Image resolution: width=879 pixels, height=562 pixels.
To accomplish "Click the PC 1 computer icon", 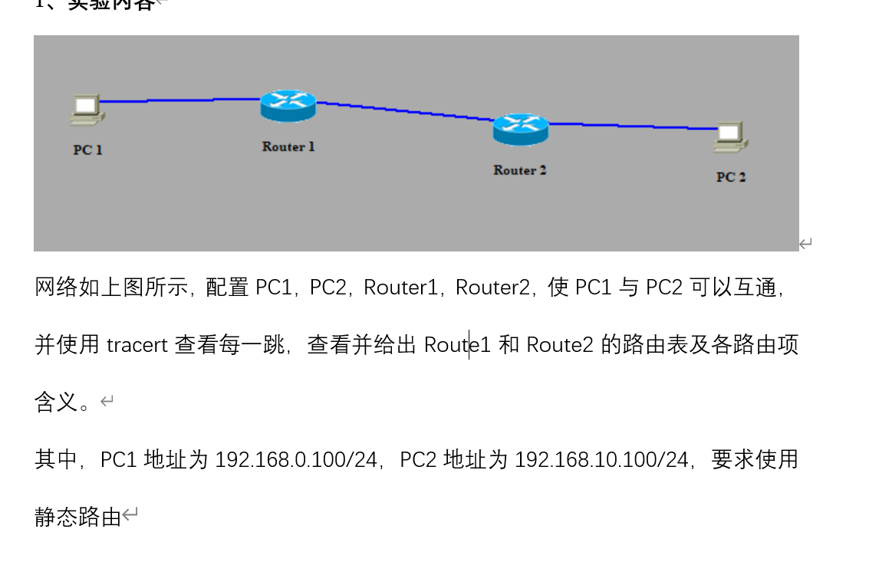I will click(x=87, y=110).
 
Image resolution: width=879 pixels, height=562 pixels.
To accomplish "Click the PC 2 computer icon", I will click(x=730, y=137).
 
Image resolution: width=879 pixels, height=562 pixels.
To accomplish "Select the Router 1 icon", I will click(x=288, y=106).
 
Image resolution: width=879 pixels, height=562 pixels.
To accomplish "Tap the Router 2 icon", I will click(x=520, y=129).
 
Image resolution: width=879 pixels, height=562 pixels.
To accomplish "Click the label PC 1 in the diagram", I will click(x=87, y=150).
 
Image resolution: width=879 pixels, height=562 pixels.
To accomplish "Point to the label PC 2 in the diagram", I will click(x=731, y=177).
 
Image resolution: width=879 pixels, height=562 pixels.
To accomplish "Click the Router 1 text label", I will click(x=288, y=146).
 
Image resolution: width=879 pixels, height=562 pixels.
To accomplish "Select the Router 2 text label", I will click(x=520, y=170).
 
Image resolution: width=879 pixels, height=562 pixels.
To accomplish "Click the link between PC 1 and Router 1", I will click(x=180, y=100).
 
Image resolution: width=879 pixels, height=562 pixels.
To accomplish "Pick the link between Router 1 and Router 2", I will click(x=404, y=111).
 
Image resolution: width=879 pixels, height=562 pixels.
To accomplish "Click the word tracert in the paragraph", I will click(x=137, y=345).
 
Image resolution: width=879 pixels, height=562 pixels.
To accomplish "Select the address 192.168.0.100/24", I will click(x=297, y=460).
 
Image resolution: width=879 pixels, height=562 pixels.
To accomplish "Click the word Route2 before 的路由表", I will click(x=559, y=345).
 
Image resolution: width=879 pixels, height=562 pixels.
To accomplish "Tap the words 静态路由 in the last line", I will click(x=78, y=518).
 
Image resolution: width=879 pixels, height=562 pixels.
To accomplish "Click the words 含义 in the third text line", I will click(x=56, y=403).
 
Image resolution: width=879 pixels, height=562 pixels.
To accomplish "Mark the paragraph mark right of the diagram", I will click(x=805, y=244).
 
